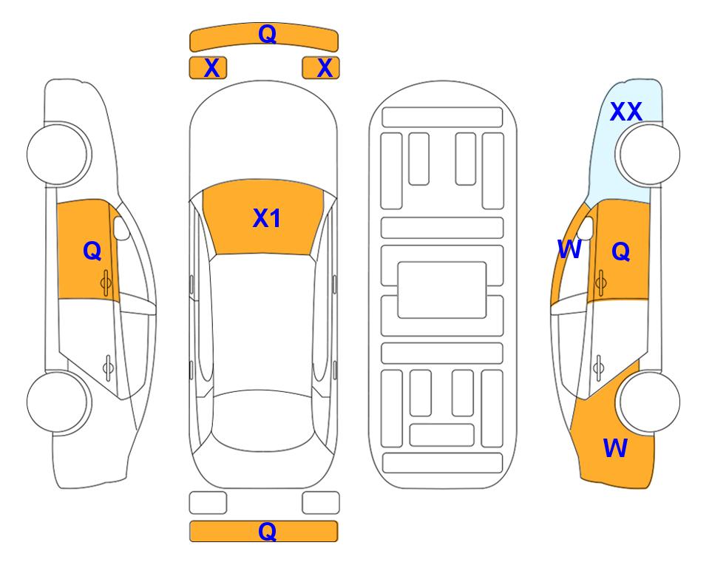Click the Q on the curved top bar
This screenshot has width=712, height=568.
(x=267, y=34)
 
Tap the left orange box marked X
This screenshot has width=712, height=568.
(x=208, y=68)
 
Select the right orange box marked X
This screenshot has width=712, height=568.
(x=321, y=68)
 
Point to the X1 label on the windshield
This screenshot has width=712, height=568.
(x=267, y=218)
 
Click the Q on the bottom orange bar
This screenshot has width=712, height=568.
(x=267, y=531)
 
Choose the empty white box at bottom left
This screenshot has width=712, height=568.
(x=208, y=503)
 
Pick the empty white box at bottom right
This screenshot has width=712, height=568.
(x=321, y=503)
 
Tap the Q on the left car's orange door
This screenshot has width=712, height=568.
(x=92, y=251)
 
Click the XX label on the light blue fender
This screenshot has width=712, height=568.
(x=626, y=112)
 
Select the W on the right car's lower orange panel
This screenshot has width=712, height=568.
(x=615, y=448)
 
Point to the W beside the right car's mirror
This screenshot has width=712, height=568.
(x=569, y=249)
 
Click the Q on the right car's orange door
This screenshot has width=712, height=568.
(x=621, y=251)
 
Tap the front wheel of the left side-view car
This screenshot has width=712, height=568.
(x=58, y=155)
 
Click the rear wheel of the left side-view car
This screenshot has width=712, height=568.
(x=58, y=402)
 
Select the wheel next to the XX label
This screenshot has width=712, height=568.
(x=648, y=155)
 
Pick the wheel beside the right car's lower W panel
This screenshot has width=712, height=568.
(x=648, y=402)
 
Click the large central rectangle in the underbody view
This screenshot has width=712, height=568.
(x=442, y=290)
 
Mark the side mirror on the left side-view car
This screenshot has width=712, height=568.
(x=121, y=228)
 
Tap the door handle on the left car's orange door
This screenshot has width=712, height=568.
(x=106, y=283)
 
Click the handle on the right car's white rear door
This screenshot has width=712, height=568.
(x=598, y=368)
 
